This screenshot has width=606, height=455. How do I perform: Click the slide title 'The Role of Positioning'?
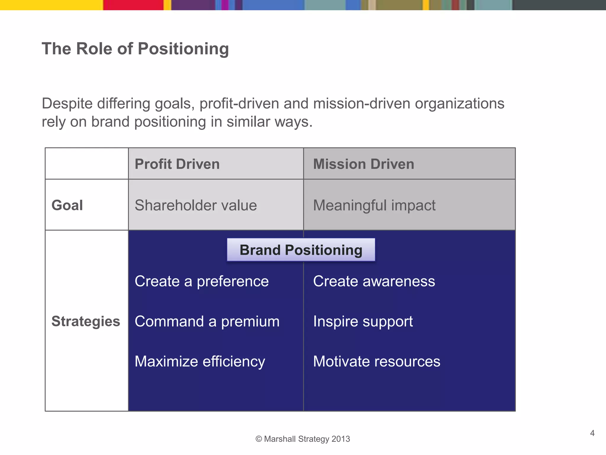coord(135,49)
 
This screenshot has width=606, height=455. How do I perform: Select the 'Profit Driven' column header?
coord(177,164)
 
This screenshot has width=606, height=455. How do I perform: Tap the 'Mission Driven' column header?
coord(363,164)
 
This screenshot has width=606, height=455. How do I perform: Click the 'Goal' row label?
coord(67,205)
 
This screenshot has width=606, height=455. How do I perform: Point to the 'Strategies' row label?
coord(86,321)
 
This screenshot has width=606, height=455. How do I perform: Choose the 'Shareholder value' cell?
coord(196,205)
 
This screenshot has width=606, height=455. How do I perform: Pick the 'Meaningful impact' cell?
coord(374,205)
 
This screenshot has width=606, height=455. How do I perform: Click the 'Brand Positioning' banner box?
coord(301,250)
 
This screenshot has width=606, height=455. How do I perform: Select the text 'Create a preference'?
coord(202,281)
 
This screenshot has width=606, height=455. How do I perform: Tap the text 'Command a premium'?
coord(207,321)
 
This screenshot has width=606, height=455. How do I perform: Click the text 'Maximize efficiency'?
coord(200,362)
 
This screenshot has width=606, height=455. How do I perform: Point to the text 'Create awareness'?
coord(374,281)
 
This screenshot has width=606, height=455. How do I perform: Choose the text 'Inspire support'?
coord(363,321)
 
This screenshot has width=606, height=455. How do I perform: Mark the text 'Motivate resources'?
coord(377,362)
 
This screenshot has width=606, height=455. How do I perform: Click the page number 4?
coord(592,433)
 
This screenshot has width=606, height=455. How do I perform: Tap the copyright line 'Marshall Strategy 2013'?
coord(303,439)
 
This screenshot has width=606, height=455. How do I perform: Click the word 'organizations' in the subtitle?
coord(460,104)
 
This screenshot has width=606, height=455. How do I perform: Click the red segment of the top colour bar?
coord(133,5)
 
